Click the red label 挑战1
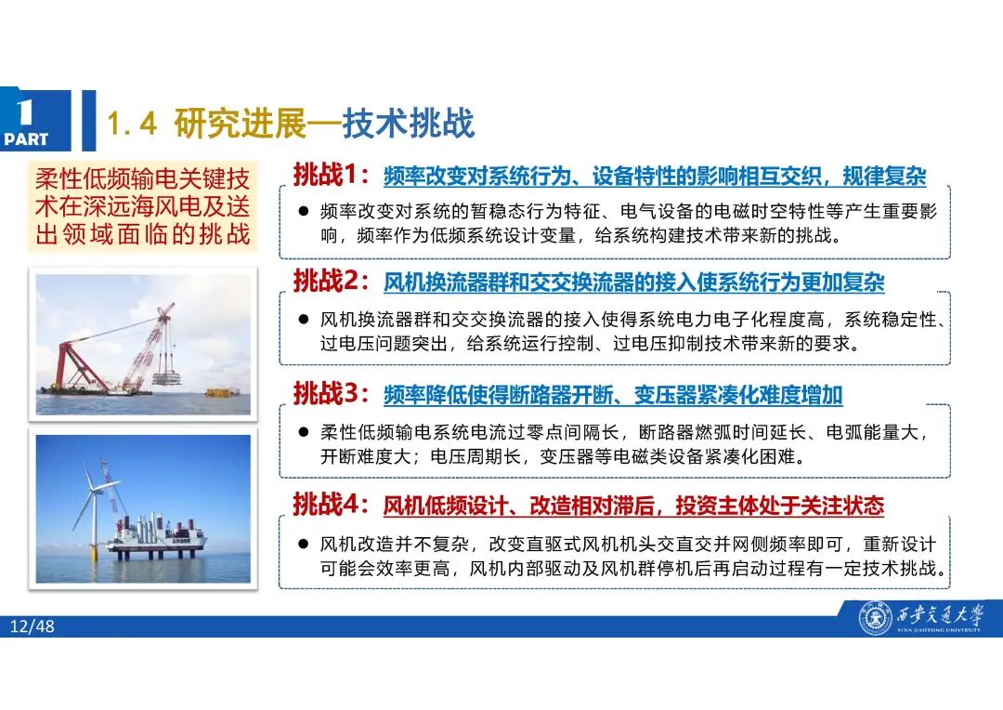(x=331, y=174)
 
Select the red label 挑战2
(x=331, y=280)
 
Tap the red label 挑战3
(x=331, y=393)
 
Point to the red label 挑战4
(x=331, y=505)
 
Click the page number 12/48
(x=33, y=626)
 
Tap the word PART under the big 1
(x=26, y=140)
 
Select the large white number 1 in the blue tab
(x=25, y=112)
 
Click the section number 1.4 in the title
(x=135, y=125)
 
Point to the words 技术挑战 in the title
(x=409, y=124)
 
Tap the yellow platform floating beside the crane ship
(x=222, y=392)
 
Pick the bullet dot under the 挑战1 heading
(x=303, y=212)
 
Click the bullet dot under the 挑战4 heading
(x=303, y=543)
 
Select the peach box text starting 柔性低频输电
(x=141, y=207)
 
